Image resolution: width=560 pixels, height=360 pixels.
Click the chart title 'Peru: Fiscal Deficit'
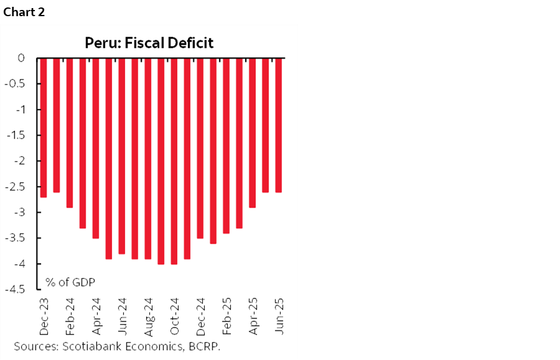pos(149,43)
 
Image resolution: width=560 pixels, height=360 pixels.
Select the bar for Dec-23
pos(43,127)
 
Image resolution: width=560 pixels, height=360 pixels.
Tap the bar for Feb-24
pos(69,132)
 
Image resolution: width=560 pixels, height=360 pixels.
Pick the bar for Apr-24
pos(95,148)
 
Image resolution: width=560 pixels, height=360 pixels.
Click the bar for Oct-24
pos(174,161)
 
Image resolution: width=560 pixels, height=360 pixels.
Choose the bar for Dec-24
pos(200,148)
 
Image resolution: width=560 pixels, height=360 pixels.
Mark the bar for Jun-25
pos(278,125)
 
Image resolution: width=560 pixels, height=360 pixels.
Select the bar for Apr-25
pos(252,132)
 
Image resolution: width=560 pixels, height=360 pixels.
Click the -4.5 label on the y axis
pos(16,289)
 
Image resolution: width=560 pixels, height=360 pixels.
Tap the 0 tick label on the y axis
pos(21,58)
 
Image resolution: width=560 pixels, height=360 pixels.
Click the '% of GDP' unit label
pos(70,282)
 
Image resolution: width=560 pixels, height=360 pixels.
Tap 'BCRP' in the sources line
pos(206,346)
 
